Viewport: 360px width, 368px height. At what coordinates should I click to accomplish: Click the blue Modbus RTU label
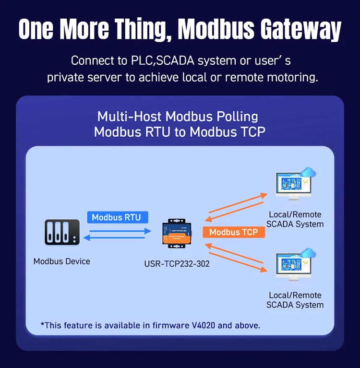[x=117, y=217]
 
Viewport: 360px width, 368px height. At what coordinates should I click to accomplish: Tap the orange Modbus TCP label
[x=234, y=232]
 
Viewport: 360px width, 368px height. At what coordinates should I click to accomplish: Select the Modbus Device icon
[x=62, y=233]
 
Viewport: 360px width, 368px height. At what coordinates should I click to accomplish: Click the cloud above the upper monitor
[x=308, y=172]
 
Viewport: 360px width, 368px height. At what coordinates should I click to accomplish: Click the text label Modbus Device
[x=62, y=261]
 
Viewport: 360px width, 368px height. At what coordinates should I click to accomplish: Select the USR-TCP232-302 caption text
[x=177, y=264]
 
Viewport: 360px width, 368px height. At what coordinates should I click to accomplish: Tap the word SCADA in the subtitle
[x=176, y=61]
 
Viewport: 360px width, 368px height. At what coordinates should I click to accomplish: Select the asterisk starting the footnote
[x=43, y=325]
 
